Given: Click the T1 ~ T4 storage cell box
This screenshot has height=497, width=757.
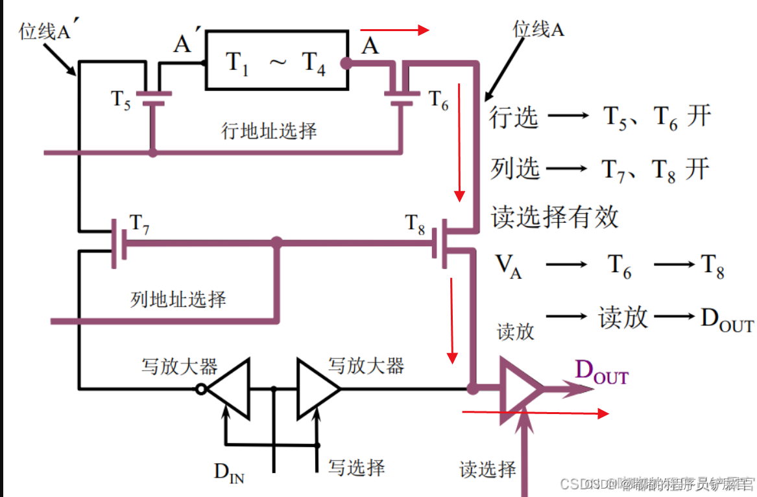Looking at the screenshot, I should coord(276,60).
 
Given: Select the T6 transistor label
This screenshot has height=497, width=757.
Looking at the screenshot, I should coord(438,100).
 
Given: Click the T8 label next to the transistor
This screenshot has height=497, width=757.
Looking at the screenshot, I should coord(416,224).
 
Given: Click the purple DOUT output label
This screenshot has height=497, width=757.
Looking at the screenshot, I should coord(602,373).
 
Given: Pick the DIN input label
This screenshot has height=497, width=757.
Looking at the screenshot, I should coord(229,472).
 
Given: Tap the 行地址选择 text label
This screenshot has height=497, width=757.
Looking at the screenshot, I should coord(269,132).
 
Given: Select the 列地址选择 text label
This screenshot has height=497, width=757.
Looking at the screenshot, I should coord(178,299).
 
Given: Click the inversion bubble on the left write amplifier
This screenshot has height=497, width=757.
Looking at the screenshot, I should coord(202,389).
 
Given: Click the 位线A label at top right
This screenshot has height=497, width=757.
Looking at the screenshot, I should coord(538,29).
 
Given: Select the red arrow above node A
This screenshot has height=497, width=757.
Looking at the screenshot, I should coord(394,30).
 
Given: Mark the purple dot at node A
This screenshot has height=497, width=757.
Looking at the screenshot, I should coord(346,63).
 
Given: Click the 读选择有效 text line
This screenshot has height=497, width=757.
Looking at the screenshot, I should coord(555,217).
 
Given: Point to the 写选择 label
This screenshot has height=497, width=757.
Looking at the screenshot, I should coord(356,468).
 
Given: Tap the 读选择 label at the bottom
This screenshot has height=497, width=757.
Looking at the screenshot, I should coord(488,469).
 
